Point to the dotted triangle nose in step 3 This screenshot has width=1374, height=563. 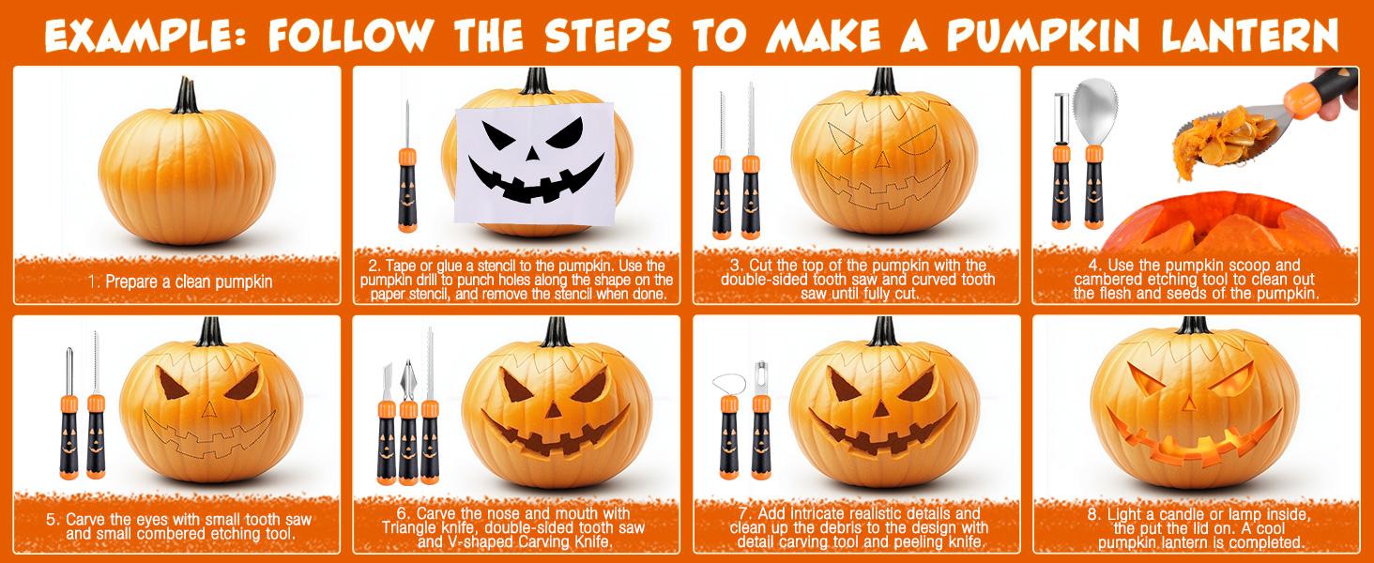882,160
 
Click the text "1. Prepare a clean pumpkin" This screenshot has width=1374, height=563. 180,281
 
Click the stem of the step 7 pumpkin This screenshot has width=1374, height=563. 882,330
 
